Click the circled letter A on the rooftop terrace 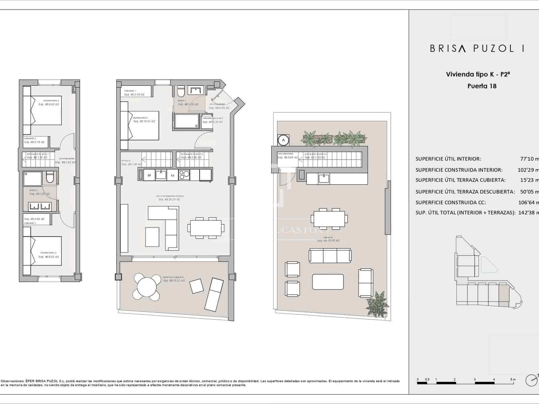point(283,140)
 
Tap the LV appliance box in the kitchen point(149,175)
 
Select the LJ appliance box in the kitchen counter point(172,175)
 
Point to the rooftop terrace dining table point(329,219)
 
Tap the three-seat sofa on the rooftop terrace point(330,256)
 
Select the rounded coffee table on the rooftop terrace point(328,282)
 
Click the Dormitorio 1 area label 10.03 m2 point(144,121)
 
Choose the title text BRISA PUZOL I point(477,48)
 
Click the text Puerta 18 point(482,86)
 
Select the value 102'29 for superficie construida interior point(526,170)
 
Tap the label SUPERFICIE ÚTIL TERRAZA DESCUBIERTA point(465,192)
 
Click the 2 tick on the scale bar point(454,380)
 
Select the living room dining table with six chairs point(205,228)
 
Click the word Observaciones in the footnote point(12,381)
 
